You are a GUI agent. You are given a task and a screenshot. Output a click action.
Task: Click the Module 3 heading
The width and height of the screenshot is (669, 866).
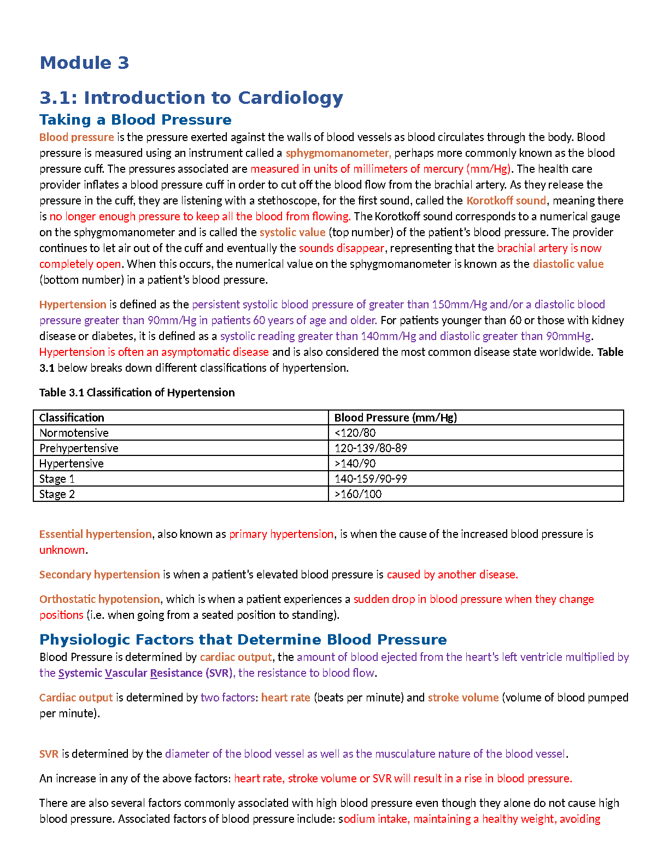tap(84, 63)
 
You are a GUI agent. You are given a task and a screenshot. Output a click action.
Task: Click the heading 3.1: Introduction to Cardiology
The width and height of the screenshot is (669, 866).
tap(191, 98)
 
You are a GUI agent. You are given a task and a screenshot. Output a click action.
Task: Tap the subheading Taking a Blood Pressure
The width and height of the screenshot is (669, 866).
tap(135, 120)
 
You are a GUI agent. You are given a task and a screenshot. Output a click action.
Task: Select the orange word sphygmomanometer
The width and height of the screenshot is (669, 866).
tap(338, 153)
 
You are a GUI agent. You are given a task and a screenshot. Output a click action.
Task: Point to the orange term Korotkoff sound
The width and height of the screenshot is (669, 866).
tap(506, 201)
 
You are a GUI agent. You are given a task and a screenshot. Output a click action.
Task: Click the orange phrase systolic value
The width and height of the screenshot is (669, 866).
tap(292, 232)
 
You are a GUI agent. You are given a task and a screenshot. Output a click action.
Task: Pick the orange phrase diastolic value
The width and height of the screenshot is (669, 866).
tap(568, 264)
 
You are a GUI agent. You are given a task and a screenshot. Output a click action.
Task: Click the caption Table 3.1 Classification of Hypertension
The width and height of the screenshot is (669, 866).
tap(137, 393)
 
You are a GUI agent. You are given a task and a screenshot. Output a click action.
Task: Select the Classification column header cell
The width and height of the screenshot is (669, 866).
tap(72, 418)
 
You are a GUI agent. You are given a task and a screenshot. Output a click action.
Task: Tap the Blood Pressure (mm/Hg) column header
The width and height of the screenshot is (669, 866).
tap(396, 418)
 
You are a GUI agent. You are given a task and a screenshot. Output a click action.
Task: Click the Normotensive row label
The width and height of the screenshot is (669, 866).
tap(74, 433)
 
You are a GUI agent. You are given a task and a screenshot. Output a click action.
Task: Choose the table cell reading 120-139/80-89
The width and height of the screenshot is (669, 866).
tap(371, 448)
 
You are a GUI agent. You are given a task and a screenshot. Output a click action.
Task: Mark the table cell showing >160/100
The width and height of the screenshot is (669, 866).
tap(358, 494)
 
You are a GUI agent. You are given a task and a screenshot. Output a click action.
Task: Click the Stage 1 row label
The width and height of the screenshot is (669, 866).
tap(57, 479)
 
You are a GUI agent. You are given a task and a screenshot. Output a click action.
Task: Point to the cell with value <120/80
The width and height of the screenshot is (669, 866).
tap(355, 433)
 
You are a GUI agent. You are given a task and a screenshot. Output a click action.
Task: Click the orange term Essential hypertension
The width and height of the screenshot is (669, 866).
tap(95, 534)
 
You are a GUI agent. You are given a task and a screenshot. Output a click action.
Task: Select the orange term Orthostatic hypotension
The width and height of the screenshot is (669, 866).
tap(99, 599)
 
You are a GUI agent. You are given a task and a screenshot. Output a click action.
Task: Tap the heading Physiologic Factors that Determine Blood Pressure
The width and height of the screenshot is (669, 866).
tap(243, 640)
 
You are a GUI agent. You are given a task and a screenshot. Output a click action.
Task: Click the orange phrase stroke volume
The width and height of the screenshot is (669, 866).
tap(463, 698)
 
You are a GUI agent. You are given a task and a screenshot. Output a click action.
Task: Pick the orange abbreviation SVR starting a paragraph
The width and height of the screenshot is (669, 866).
tap(49, 754)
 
